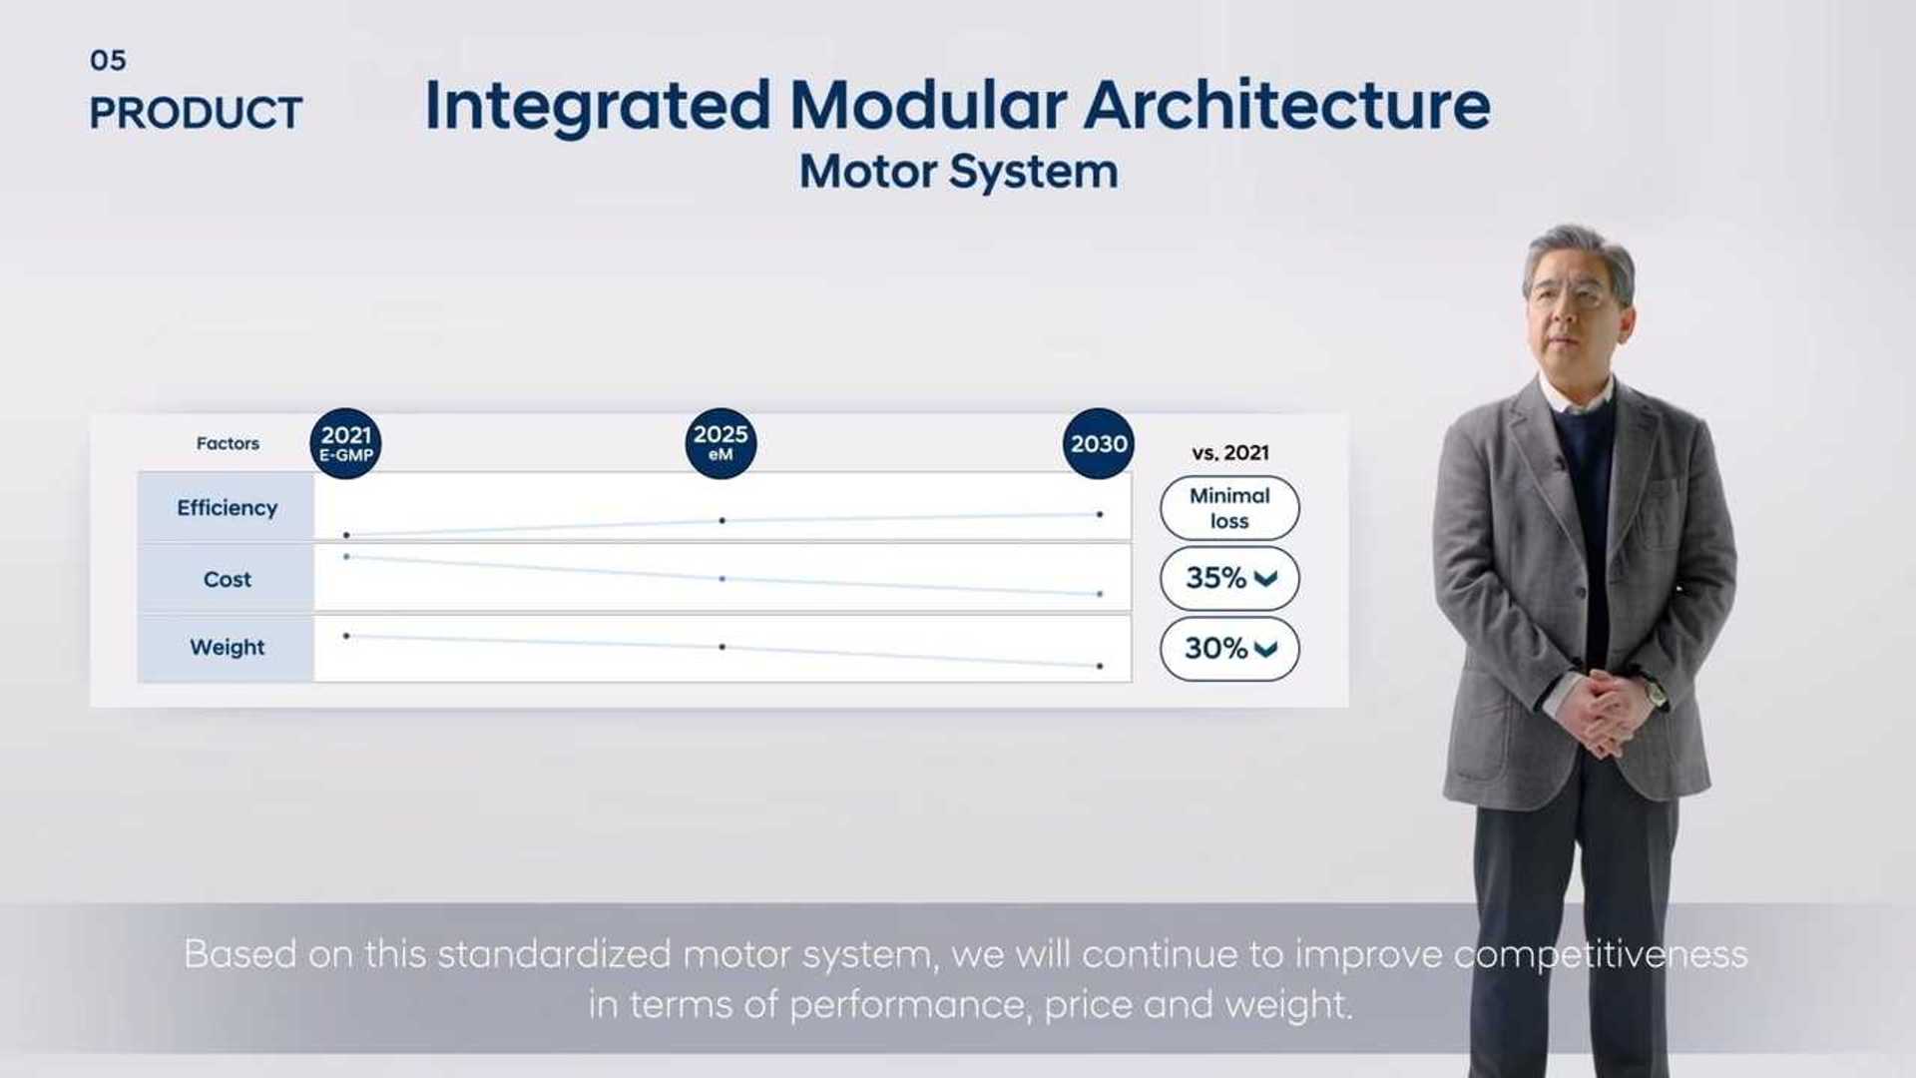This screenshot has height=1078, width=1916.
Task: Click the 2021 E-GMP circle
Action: click(x=345, y=443)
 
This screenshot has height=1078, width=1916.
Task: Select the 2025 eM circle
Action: click(x=720, y=443)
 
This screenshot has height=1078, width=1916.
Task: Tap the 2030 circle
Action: click(x=1098, y=443)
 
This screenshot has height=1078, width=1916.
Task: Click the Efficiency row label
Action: click(x=227, y=508)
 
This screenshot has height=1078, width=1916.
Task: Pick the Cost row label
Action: click(x=227, y=579)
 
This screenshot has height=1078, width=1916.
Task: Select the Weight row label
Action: click(x=227, y=648)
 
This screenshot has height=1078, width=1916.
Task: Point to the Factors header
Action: click(x=228, y=443)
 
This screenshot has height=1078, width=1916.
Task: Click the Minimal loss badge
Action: click(x=1229, y=508)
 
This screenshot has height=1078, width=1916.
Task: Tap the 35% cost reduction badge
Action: click(x=1229, y=578)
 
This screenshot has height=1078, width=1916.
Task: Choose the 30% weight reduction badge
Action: click(x=1229, y=649)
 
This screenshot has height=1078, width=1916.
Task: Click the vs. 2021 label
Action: click(x=1230, y=453)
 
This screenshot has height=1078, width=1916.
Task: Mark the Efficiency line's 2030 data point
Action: click(x=1100, y=515)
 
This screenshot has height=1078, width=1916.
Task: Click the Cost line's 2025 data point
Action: click(x=722, y=579)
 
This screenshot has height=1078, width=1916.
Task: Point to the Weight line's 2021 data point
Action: click(x=346, y=636)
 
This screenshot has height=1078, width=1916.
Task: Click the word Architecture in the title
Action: click(x=1286, y=106)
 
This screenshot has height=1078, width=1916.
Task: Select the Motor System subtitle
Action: click(x=958, y=172)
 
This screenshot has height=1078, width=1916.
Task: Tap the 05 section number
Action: click(x=108, y=61)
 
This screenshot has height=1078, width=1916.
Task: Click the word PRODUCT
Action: click(x=196, y=114)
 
